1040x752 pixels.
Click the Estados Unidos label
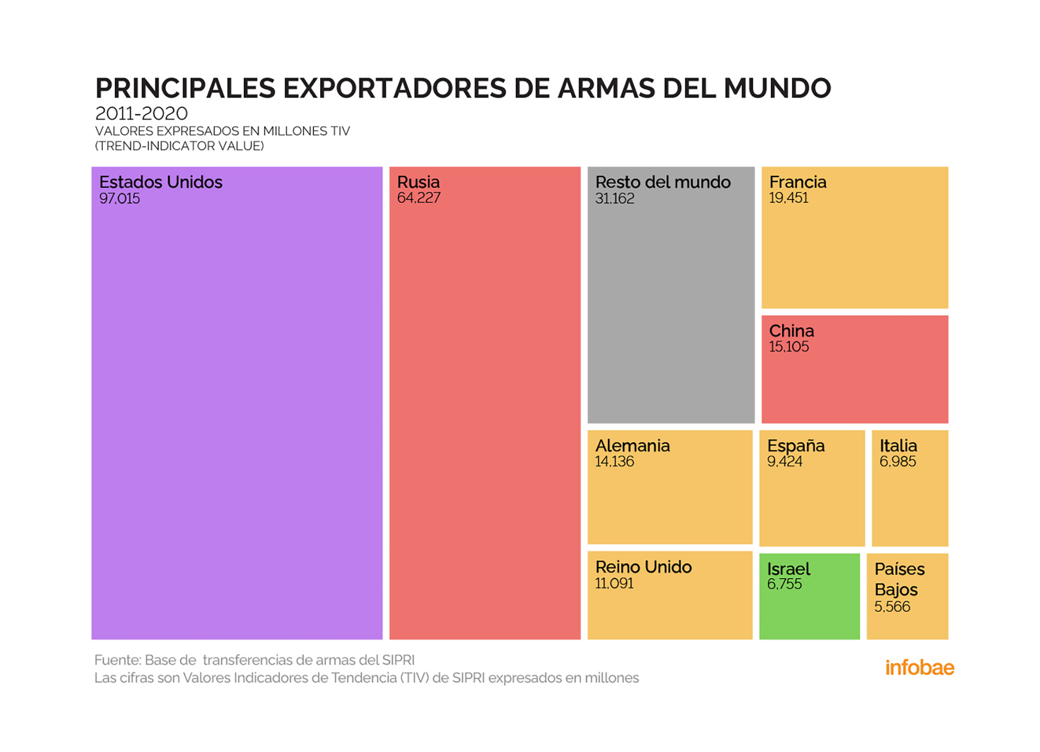(160, 182)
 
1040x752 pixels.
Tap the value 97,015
(119, 199)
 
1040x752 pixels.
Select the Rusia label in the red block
(418, 182)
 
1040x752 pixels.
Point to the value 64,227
(418, 198)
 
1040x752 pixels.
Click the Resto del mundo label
(662, 182)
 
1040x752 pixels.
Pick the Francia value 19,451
(788, 198)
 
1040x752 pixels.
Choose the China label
(791, 331)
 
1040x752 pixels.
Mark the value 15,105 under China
(789, 347)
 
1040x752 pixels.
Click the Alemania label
(632, 446)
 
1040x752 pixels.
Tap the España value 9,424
(784, 462)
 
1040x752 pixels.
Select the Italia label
(898, 446)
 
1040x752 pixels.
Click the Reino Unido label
(643, 567)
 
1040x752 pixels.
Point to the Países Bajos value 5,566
(892, 607)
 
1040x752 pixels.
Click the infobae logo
(919, 668)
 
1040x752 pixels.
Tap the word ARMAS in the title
(605, 88)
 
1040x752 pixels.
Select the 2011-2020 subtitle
(141, 114)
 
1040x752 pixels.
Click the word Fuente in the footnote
(117, 660)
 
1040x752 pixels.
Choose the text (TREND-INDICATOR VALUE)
(179, 146)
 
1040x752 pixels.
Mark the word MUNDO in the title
(777, 88)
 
